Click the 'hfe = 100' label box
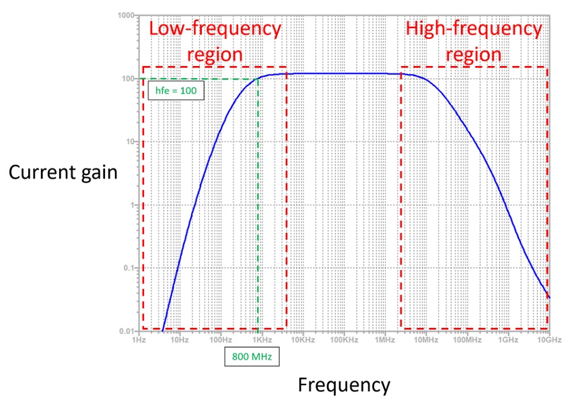pos(175,90)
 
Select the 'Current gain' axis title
pos(63,172)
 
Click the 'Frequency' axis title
pos(344,385)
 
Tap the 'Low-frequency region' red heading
pos(215,41)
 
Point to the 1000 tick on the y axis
pos(125,15)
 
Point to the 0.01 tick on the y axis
pos(126,331)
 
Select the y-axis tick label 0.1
pos(127,268)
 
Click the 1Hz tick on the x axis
pos(139,339)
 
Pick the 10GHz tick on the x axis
pos(548,339)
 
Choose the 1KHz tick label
pos(262,339)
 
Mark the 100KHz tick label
pos(344,339)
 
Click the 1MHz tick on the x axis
pos(385,339)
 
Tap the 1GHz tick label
pos(508,339)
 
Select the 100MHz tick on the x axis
pos(467,339)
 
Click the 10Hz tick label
pos(180,339)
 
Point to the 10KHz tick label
pos(303,339)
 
